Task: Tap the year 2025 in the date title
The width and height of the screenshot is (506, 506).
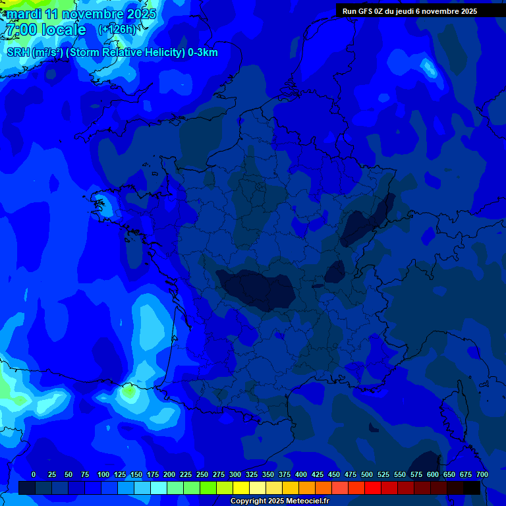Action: pyautogui.click(x=140, y=14)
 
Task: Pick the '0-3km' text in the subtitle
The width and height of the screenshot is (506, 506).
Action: pyautogui.click(x=202, y=53)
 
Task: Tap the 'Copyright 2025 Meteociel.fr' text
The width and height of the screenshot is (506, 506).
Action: pyautogui.click(x=279, y=501)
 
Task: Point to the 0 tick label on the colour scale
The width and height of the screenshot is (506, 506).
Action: pyautogui.click(x=34, y=474)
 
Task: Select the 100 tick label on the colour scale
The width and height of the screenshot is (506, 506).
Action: pyautogui.click(x=103, y=474)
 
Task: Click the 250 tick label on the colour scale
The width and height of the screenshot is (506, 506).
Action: pyautogui.click(x=202, y=474)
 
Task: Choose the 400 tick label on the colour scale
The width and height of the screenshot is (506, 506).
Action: pyautogui.click(x=301, y=474)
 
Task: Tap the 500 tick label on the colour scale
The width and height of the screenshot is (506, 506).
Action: pyautogui.click(x=367, y=474)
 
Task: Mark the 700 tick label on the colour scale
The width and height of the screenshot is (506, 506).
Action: pyautogui.click(x=482, y=474)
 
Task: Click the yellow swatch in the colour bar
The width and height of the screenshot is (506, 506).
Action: pyautogui.click(x=241, y=488)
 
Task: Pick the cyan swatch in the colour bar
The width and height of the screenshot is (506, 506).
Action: pyautogui.click(x=159, y=488)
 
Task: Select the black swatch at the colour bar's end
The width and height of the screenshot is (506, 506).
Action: pyautogui.click(x=472, y=488)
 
